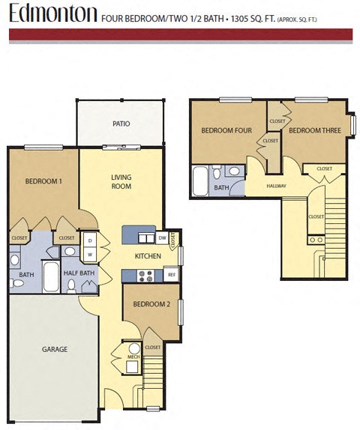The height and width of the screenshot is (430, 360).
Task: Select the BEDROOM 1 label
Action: [x=43, y=181]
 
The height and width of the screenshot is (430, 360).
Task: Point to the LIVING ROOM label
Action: [x=121, y=182]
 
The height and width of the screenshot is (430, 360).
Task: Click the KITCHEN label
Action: [x=148, y=256]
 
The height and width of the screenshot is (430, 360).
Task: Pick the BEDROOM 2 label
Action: [x=151, y=304]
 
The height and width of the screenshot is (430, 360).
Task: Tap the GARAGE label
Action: [x=55, y=349]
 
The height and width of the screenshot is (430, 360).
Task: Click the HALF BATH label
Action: [x=79, y=273]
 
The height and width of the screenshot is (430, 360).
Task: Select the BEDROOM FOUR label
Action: [x=226, y=130]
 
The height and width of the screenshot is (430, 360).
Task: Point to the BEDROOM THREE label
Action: [x=315, y=130]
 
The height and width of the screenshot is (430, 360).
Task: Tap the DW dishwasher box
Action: [x=163, y=238]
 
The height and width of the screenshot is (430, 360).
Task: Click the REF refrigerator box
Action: [x=171, y=276]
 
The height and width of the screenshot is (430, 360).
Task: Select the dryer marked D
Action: [x=90, y=240]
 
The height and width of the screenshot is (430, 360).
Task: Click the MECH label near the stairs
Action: [x=133, y=357]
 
